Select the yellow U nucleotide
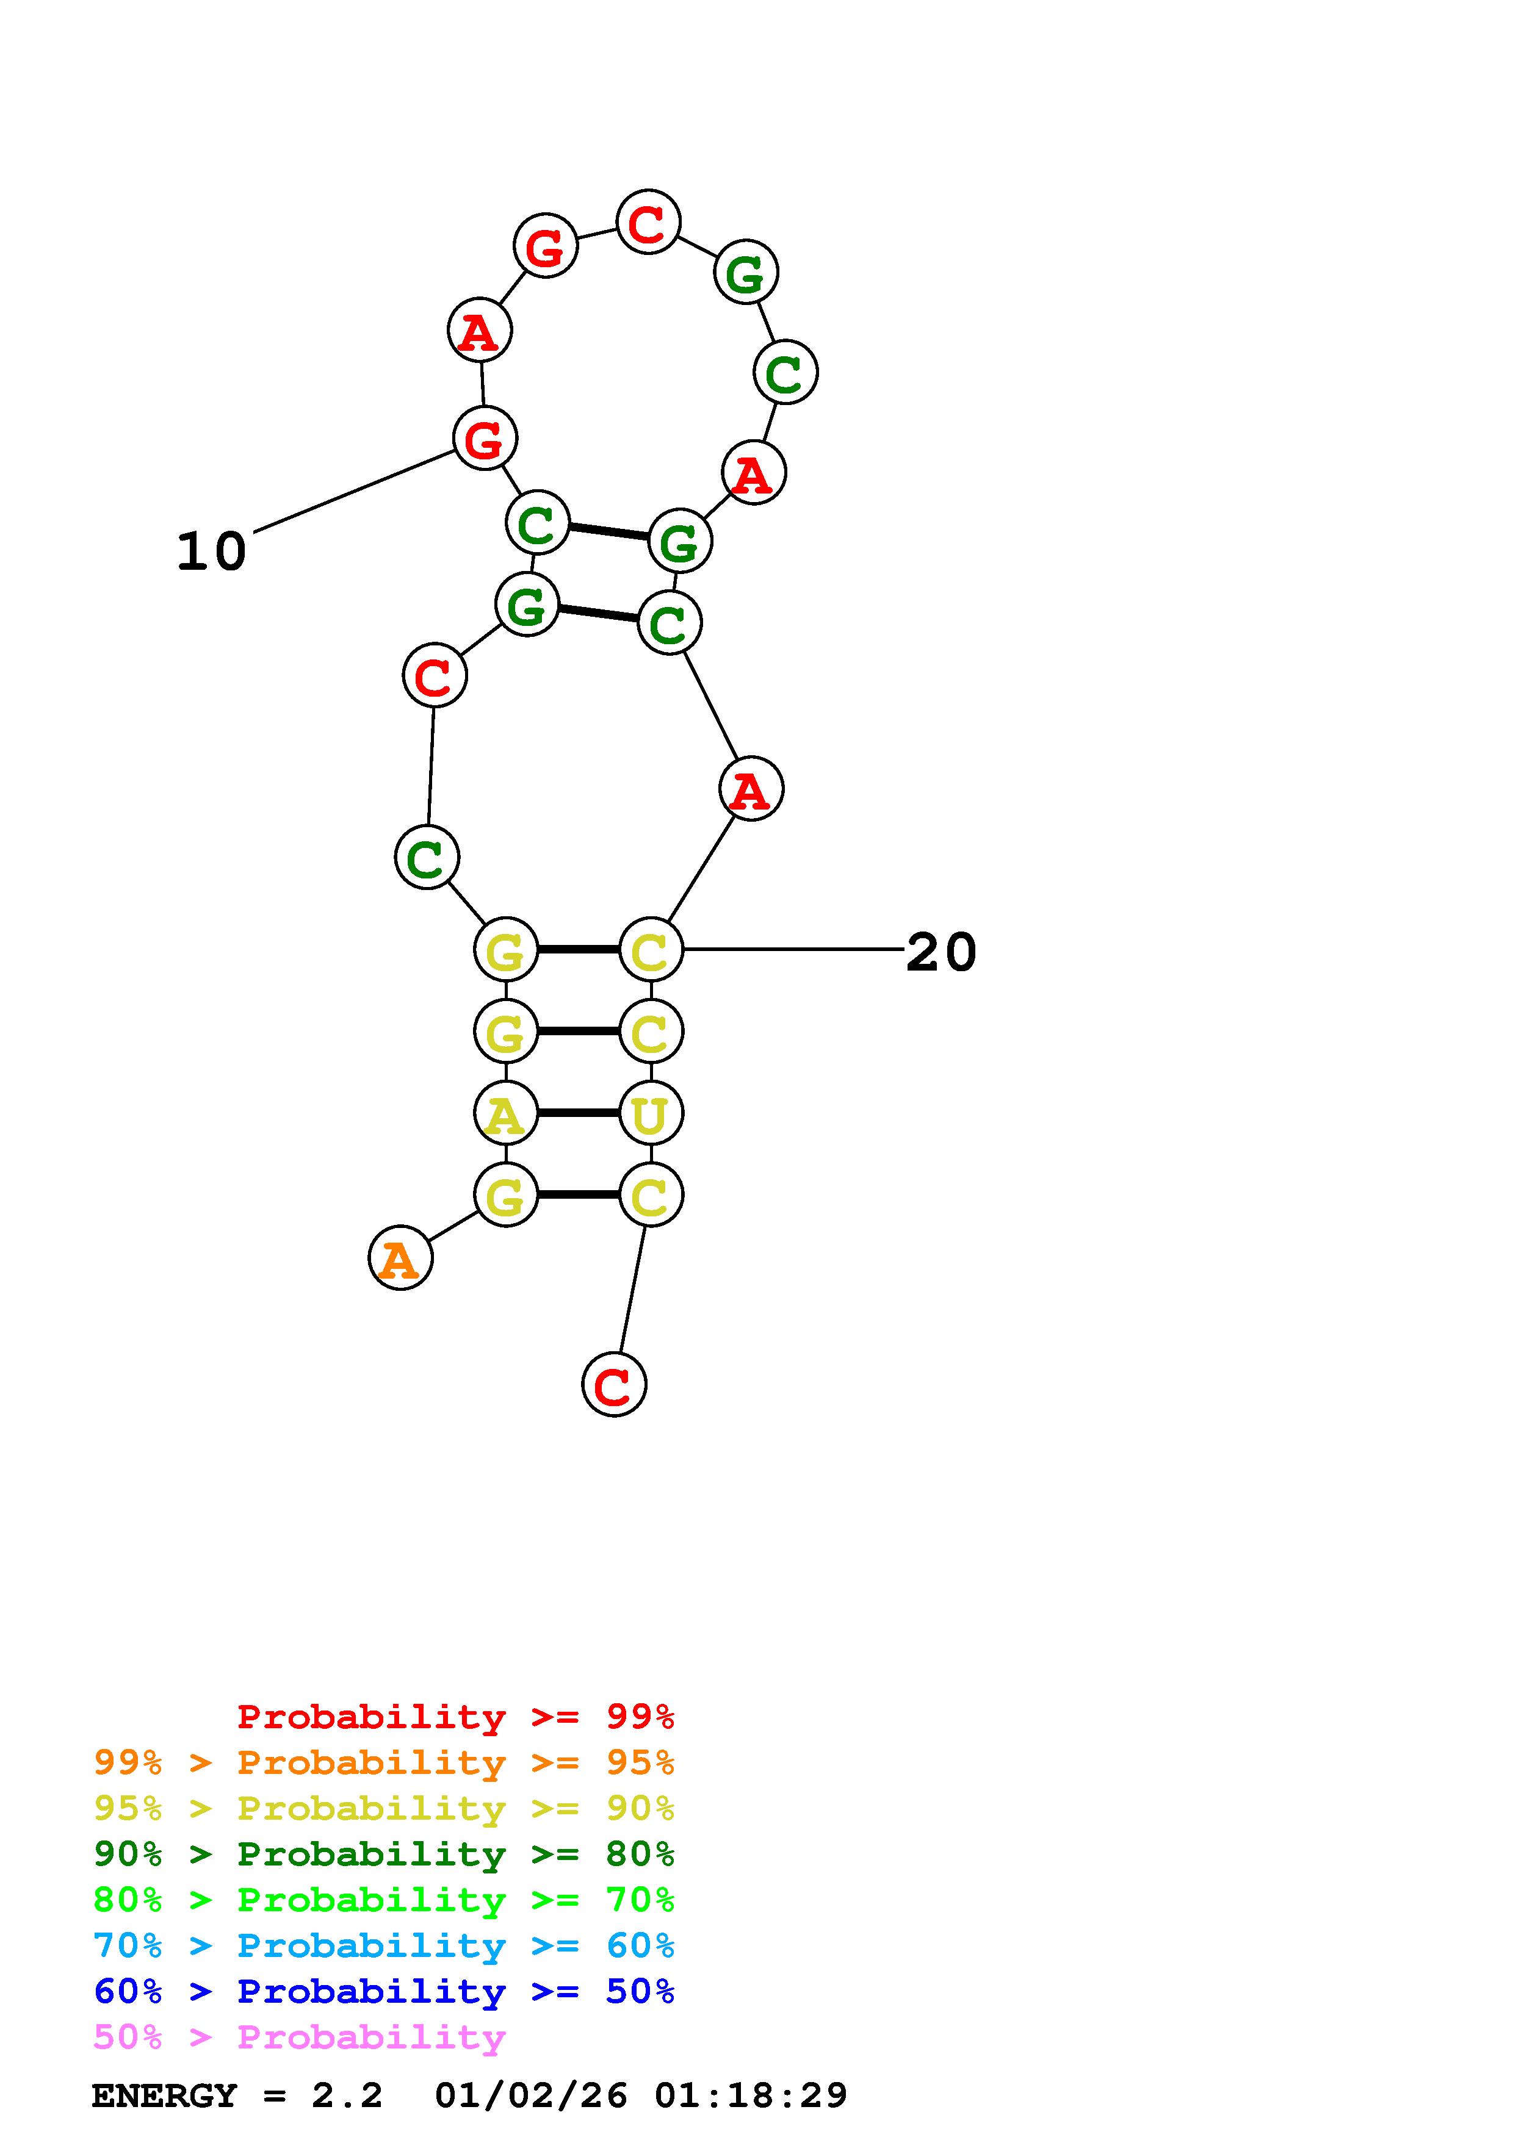coord(651,1113)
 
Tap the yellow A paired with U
coord(505,1113)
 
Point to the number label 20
coord(941,952)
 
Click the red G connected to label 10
coord(484,438)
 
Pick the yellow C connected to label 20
coord(651,950)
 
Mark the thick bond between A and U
coord(578,1113)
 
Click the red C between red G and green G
coord(648,223)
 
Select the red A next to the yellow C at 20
coord(751,789)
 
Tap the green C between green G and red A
coord(785,373)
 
